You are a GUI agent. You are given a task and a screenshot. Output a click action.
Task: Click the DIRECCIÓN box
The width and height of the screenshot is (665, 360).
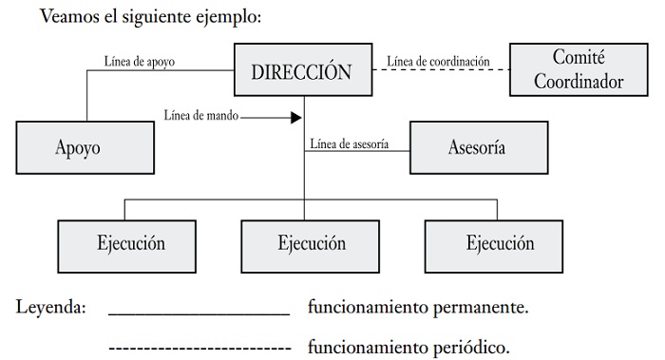pos(303,69)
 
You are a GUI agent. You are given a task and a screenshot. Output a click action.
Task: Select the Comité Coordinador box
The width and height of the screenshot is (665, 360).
pos(579,69)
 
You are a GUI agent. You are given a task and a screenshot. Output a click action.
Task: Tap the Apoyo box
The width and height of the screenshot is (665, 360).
pos(85,147)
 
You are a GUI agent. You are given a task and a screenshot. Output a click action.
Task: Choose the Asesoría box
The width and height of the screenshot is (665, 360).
pos(479,147)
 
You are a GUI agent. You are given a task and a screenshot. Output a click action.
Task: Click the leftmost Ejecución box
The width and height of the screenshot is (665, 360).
pos(126,246)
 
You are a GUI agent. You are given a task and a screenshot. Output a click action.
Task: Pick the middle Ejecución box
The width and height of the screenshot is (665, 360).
pos(310,246)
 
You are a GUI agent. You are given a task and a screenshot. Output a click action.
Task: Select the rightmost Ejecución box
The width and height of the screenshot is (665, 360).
pos(494,246)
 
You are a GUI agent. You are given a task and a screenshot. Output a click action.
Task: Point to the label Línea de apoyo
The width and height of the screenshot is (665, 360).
pos(139,62)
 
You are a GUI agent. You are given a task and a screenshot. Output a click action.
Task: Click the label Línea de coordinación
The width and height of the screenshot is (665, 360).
pos(438,62)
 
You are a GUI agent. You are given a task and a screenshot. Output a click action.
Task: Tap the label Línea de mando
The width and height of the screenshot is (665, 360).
pos(201,115)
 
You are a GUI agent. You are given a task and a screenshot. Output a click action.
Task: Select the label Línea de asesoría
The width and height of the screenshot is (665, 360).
pos(349,144)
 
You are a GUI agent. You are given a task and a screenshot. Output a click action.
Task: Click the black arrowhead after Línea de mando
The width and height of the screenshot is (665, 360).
pos(296,118)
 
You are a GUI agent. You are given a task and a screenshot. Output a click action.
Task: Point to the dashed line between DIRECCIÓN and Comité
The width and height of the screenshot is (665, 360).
pos(441,69)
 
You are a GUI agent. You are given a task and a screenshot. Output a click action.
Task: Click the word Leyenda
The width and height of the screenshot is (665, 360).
pos(51,307)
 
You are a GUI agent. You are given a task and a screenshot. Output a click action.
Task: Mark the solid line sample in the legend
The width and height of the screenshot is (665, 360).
pos(199,314)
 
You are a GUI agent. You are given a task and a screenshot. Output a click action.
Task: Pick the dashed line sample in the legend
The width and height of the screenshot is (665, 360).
pos(199,349)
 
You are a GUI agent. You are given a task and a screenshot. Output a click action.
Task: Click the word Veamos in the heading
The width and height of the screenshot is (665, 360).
pos(68,16)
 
